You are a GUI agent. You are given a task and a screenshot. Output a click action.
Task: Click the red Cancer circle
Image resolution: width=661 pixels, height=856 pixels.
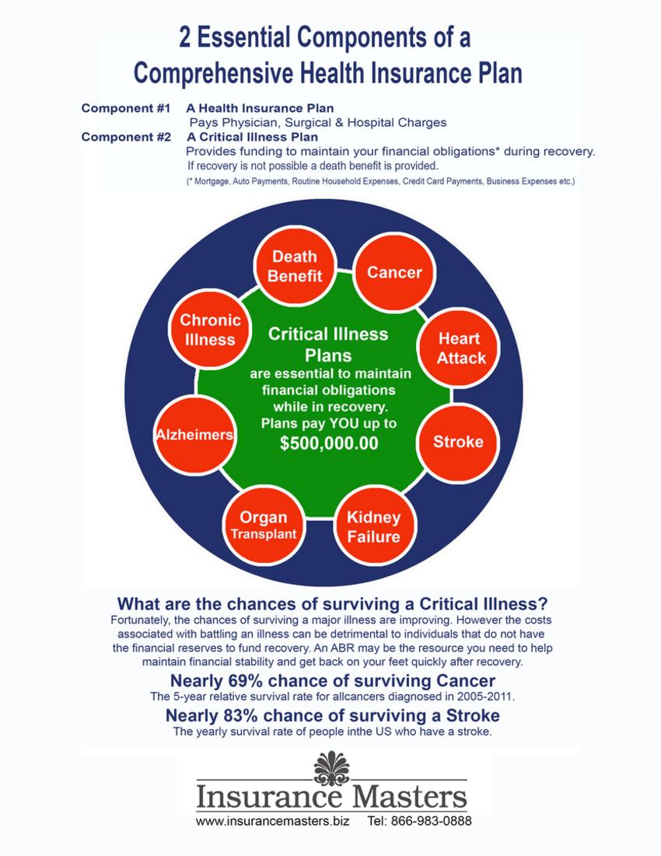point(394,272)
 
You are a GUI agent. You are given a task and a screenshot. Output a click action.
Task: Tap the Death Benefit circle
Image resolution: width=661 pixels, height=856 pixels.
point(295,266)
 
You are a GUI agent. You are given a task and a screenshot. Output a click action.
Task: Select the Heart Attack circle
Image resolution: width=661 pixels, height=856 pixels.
point(459,348)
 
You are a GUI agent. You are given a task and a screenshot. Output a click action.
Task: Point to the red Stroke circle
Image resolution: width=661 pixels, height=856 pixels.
point(459,442)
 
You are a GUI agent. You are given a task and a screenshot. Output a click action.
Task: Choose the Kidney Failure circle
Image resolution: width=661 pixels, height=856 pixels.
point(374,526)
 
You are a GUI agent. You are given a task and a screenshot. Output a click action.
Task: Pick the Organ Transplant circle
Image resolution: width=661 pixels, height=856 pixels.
point(264,525)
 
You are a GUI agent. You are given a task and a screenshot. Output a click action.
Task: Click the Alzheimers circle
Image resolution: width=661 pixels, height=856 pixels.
point(195,435)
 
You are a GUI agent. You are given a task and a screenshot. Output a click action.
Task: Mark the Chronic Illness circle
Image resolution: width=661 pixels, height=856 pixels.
point(210,330)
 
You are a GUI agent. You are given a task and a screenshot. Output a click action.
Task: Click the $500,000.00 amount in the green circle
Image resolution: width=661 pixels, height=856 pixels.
point(329,443)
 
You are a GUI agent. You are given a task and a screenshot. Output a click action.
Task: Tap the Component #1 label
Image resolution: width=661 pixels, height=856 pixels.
point(126,108)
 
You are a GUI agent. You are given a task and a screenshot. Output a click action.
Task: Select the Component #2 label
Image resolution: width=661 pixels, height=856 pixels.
point(126,137)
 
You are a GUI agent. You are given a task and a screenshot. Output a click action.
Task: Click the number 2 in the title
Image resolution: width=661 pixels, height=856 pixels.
point(185,37)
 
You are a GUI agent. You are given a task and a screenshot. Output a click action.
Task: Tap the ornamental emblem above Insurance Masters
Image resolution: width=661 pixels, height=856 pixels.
point(332,768)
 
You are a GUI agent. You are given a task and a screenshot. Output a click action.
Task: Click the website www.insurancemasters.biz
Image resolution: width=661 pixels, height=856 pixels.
point(272,820)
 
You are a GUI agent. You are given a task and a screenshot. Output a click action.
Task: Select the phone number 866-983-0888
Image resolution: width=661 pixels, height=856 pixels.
point(432,820)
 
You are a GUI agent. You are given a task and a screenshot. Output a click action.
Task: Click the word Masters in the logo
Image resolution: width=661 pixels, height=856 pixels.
point(409,796)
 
